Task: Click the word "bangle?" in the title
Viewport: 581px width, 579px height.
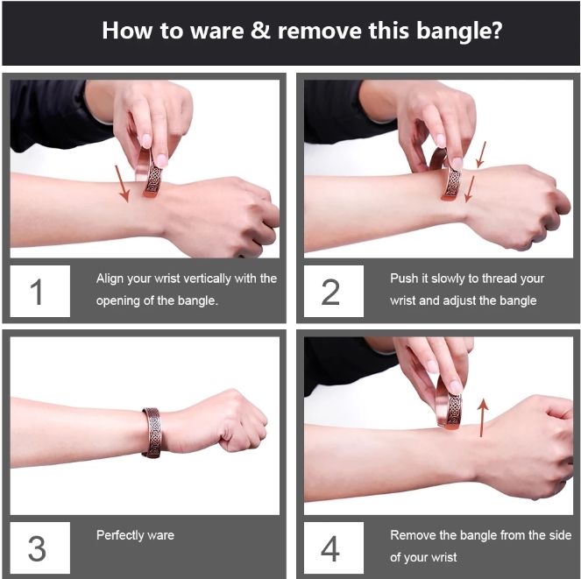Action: point(459,32)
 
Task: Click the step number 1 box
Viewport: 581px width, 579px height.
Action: point(40,291)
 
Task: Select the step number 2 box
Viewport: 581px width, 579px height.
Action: point(334,291)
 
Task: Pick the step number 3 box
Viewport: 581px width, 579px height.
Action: point(40,547)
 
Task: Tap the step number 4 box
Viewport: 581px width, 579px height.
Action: point(334,547)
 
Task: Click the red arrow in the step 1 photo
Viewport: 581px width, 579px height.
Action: point(122,184)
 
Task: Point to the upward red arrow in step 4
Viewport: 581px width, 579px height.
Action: point(483,418)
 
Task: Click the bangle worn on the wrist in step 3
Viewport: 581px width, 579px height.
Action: point(152,433)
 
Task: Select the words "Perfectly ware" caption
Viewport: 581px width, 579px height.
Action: point(135,535)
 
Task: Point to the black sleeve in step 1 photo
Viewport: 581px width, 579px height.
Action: point(55,114)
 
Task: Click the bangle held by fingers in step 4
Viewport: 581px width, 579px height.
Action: point(449,406)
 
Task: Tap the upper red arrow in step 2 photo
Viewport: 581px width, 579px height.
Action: point(480,154)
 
